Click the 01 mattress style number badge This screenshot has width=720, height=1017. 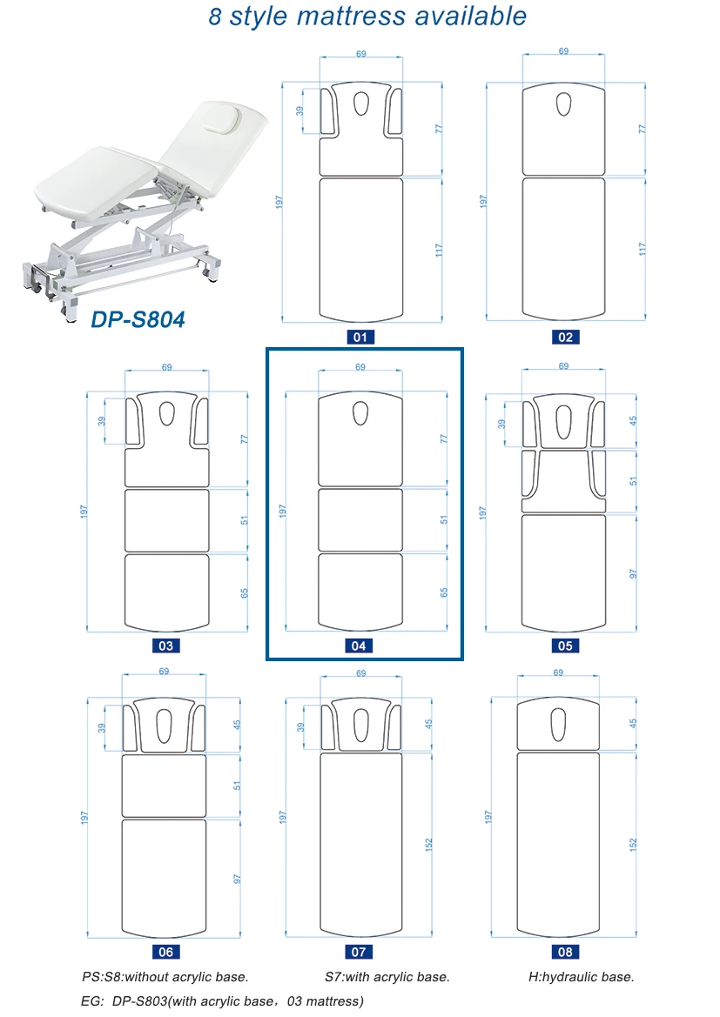(360, 338)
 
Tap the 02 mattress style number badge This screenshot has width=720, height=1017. (564, 338)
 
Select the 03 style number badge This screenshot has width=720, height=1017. (165, 646)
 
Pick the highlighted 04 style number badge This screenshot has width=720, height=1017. (359, 646)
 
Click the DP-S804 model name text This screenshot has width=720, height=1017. (138, 320)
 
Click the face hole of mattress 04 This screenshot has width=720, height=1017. (360, 413)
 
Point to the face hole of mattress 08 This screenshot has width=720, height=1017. (559, 720)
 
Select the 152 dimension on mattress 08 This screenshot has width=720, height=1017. (633, 845)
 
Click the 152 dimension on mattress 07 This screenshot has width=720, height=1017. (428, 845)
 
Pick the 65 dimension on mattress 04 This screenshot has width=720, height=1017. (444, 592)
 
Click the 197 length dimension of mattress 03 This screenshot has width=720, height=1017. (84, 512)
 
